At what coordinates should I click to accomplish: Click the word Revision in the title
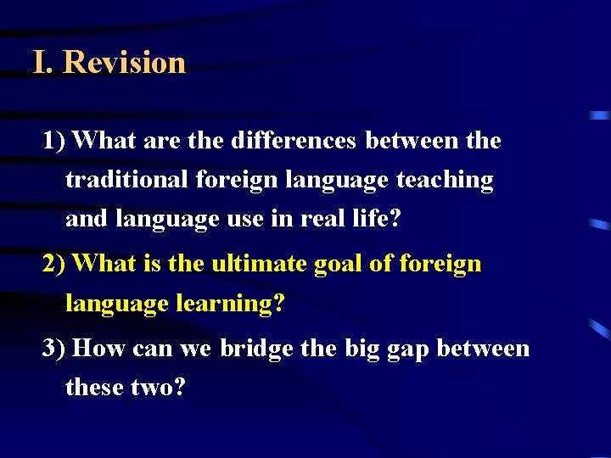(124, 63)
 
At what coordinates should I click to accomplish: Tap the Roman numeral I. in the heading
(42, 63)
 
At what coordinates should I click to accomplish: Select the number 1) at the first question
(55, 141)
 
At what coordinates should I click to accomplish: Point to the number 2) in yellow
(55, 264)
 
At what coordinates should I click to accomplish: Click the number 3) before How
(55, 349)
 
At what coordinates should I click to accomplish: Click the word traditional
(126, 180)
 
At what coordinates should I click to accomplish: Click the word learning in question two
(229, 304)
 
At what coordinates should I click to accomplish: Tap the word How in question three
(99, 349)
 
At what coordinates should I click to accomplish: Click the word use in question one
(245, 219)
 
